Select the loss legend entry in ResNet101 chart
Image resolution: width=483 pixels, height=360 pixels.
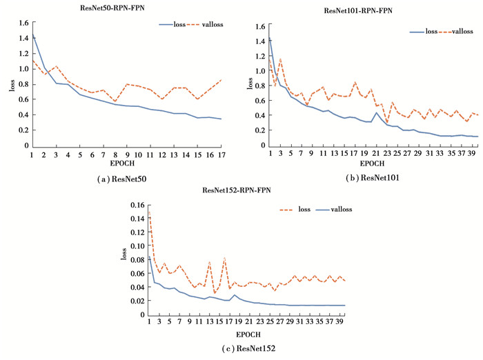(x=431, y=31)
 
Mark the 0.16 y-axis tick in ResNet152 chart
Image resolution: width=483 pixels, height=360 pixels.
(x=137, y=204)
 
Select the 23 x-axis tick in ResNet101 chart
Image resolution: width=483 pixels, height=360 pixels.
(x=388, y=153)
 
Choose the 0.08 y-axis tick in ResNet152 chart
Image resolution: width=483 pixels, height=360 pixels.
(x=137, y=259)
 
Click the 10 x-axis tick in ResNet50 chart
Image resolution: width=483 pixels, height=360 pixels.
(x=138, y=155)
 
